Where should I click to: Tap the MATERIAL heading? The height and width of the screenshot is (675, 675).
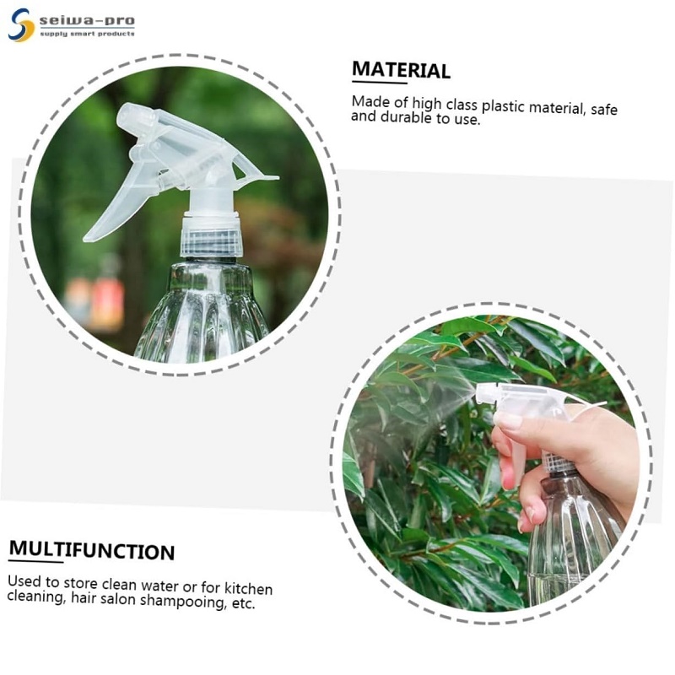point(401,70)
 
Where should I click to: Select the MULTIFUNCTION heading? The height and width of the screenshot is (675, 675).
point(92,551)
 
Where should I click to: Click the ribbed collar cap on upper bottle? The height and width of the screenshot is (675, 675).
point(211,235)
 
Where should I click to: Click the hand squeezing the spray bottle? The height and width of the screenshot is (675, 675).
point(557,447)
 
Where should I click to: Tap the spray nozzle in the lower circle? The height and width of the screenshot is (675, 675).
point(485,392)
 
